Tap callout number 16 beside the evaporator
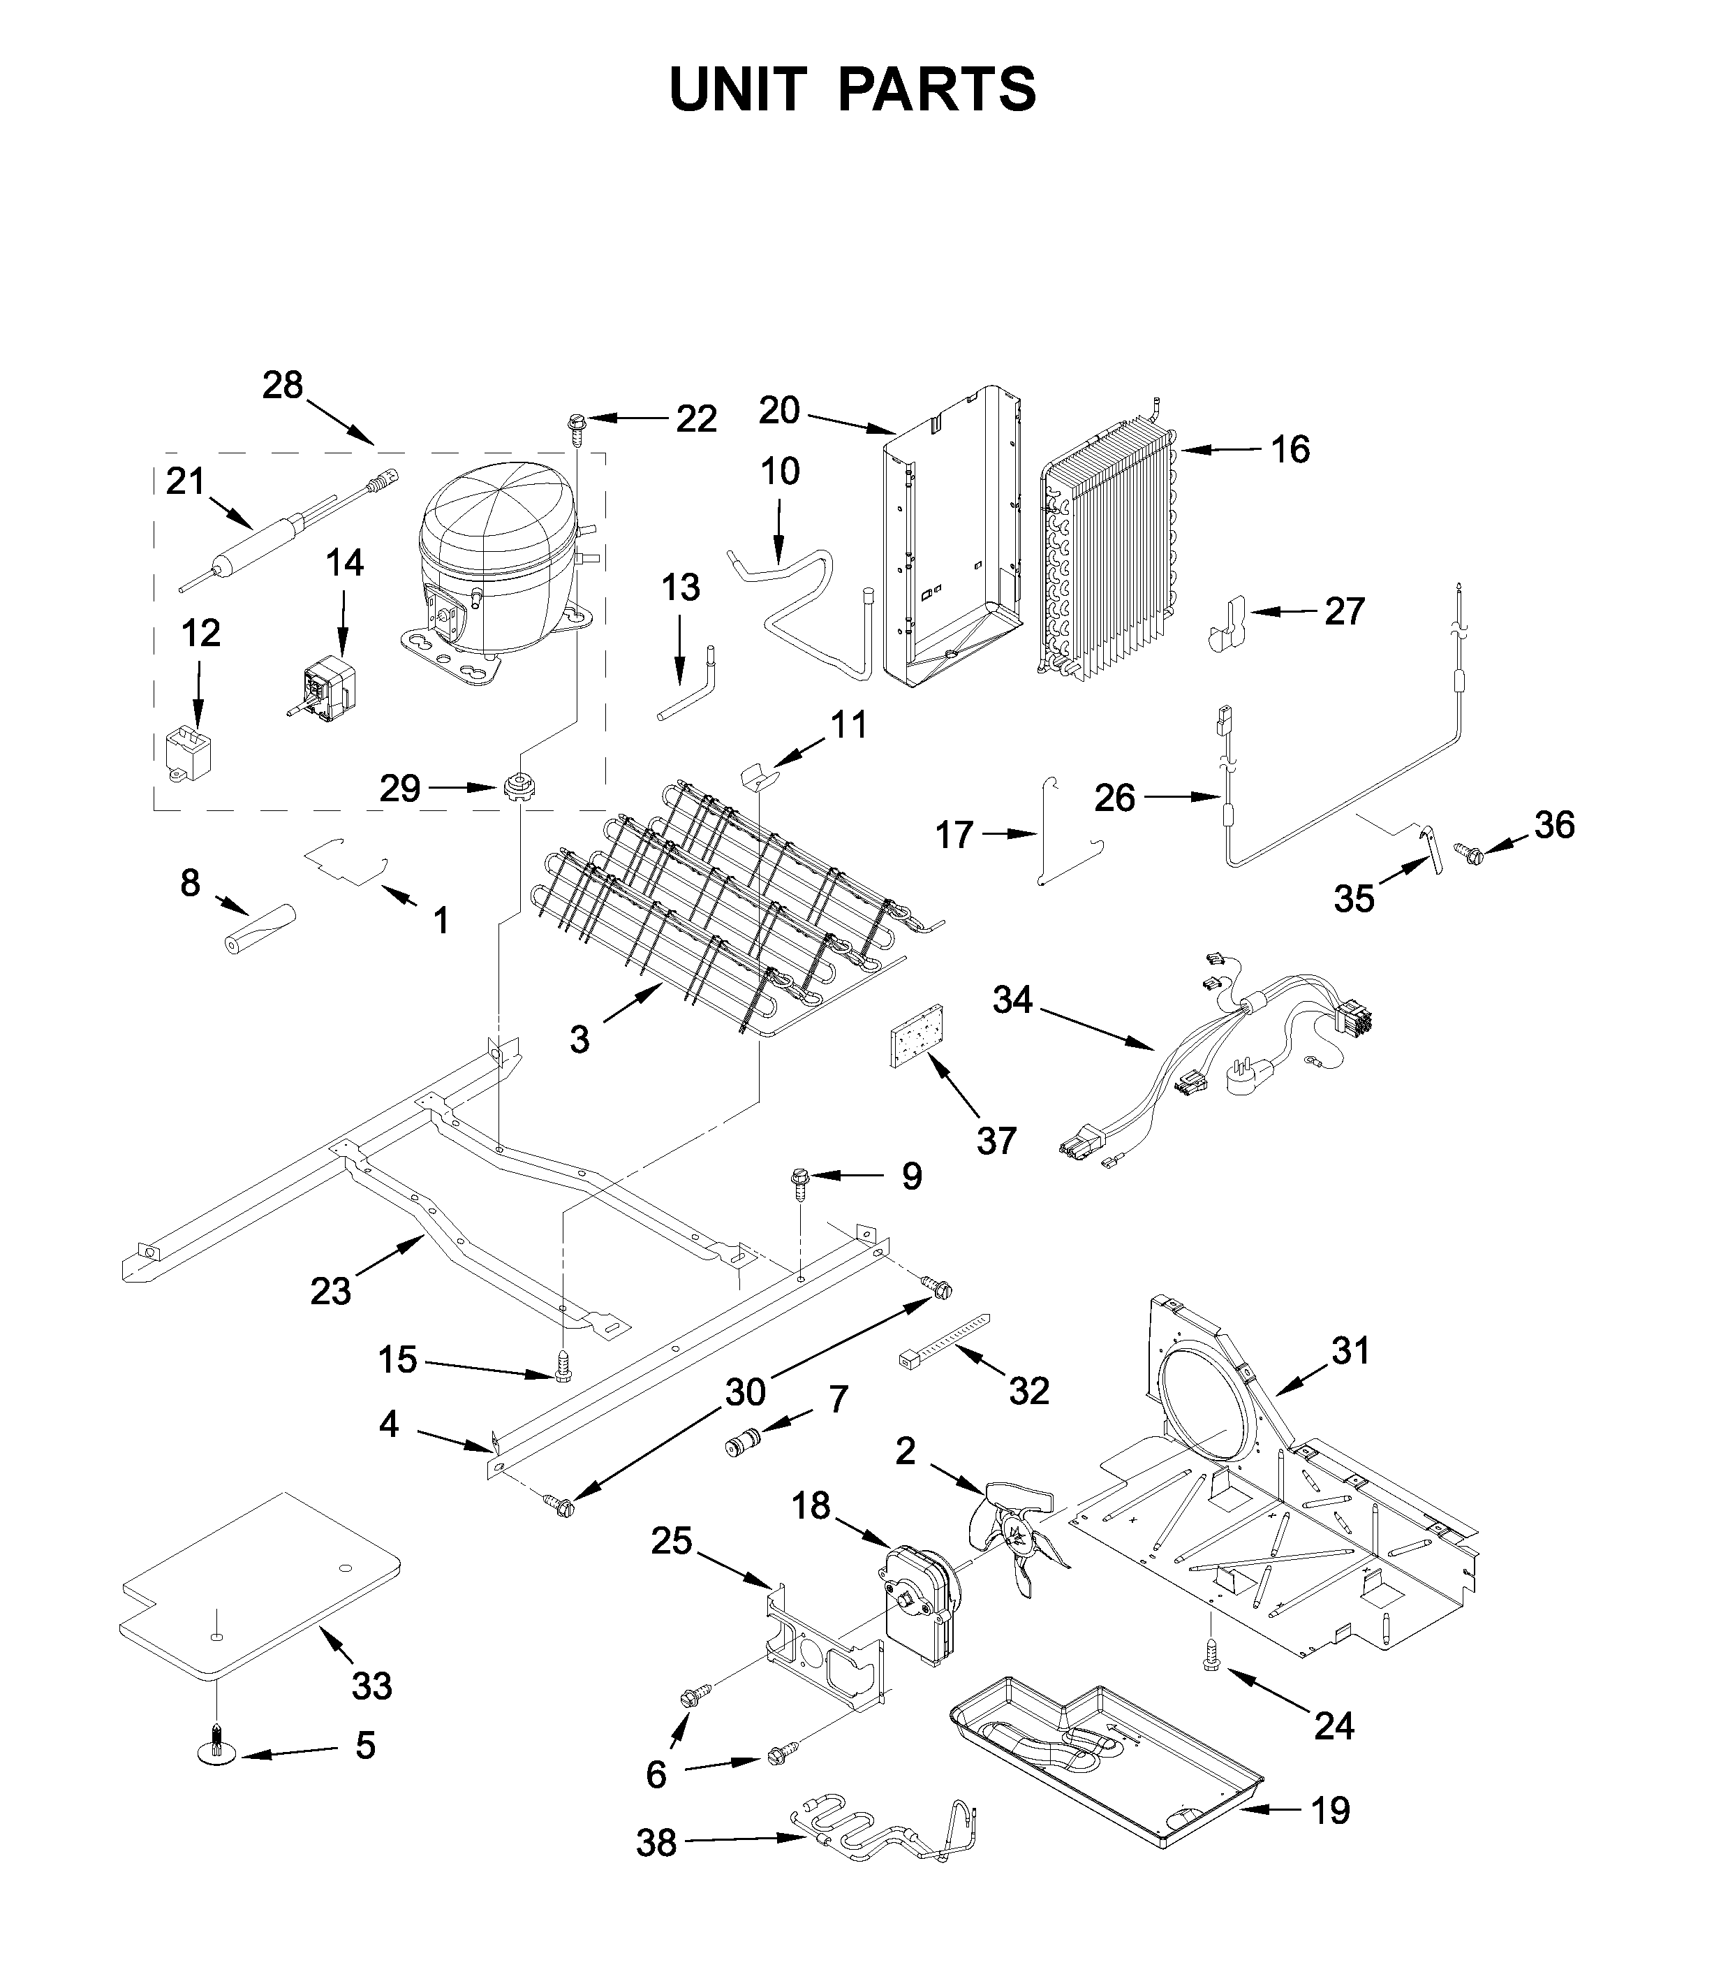(1290, 448)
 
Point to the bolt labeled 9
(800, 1181)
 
